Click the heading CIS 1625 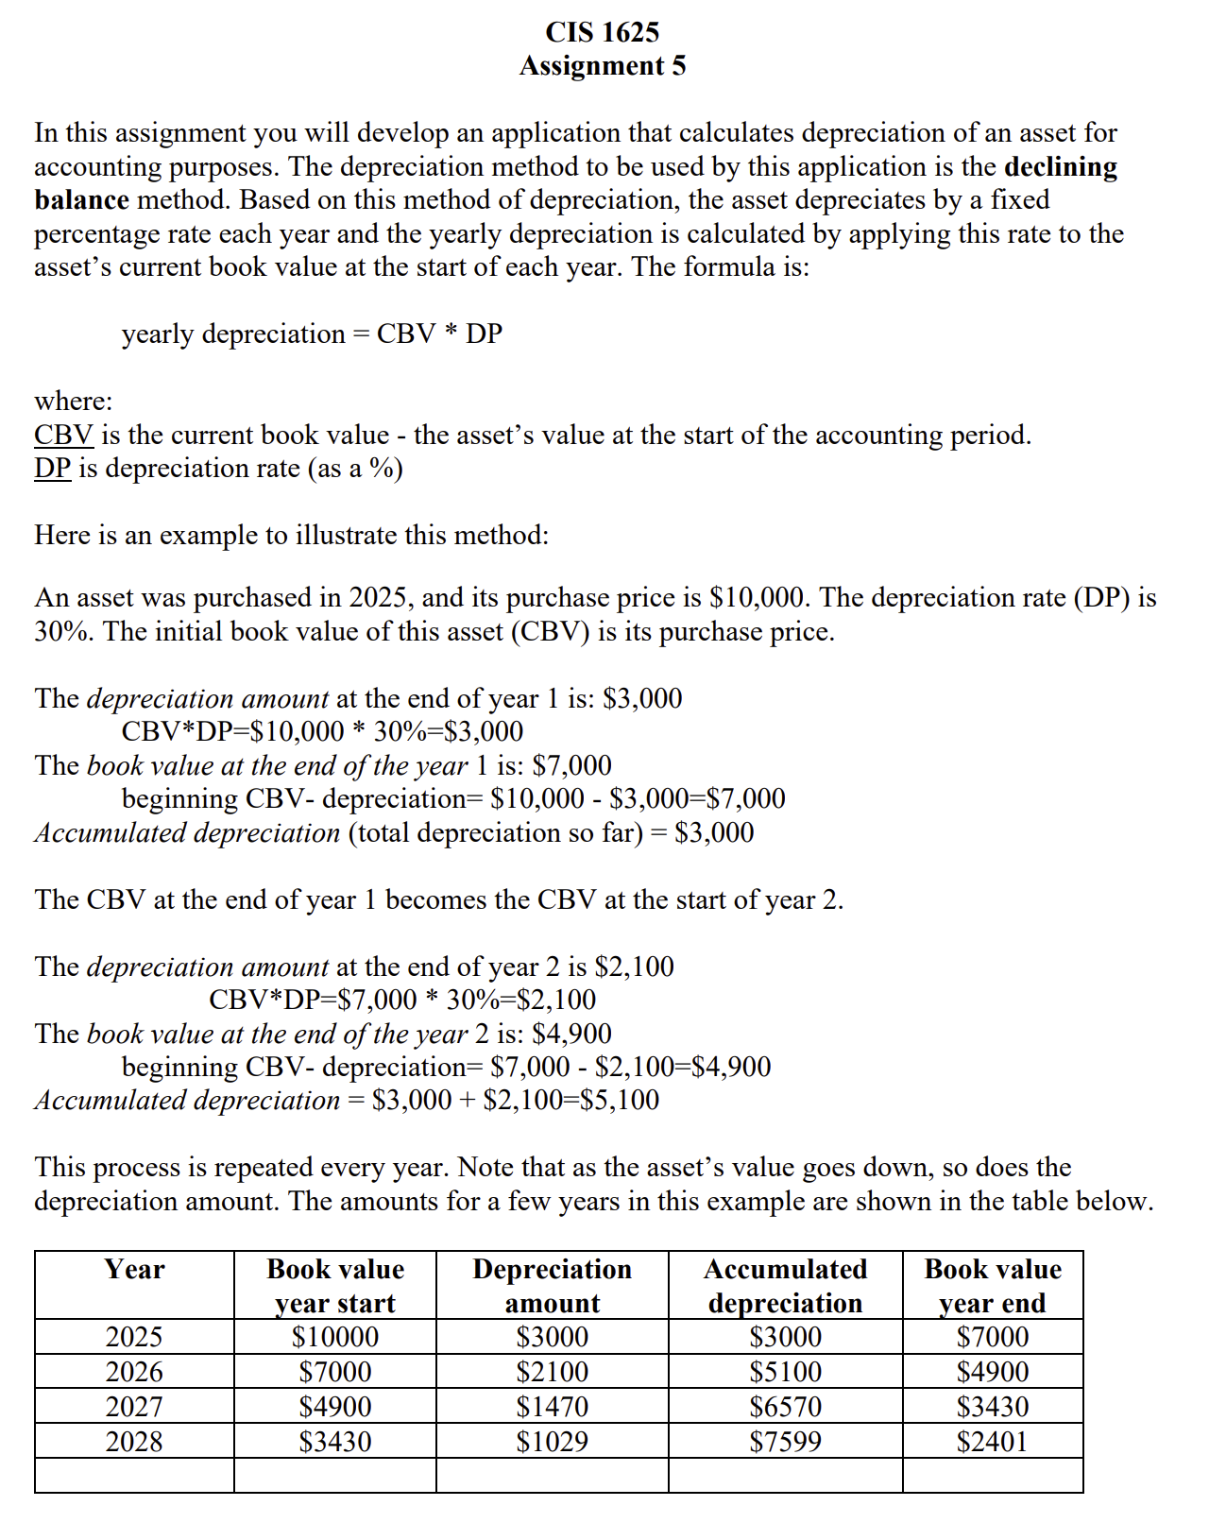(x=603, y=32)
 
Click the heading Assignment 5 (x=603, y=66)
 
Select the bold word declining (x=1061, y=167)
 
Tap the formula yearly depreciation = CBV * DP (x=312, y=334)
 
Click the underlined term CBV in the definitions (x=63, y=436)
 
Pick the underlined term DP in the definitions (x=53, y=469)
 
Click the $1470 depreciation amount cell (x=552, y=1407)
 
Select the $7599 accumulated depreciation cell (x=785, y=1442)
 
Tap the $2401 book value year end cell (x=992, y=1442)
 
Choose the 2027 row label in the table (x=134, y=1407)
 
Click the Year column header (x=134, y=1270)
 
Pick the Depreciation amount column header (x=552, y=1286)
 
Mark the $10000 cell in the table (x=335, y=1337)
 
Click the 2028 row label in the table (x=134, y=1442)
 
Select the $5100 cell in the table (x=785, y=1372)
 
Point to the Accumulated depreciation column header (x=785, y=1286)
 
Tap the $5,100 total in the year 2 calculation (x=621, y=1101)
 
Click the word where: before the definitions (x=74, y=402)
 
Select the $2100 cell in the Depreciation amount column (x=552, y=1372)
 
